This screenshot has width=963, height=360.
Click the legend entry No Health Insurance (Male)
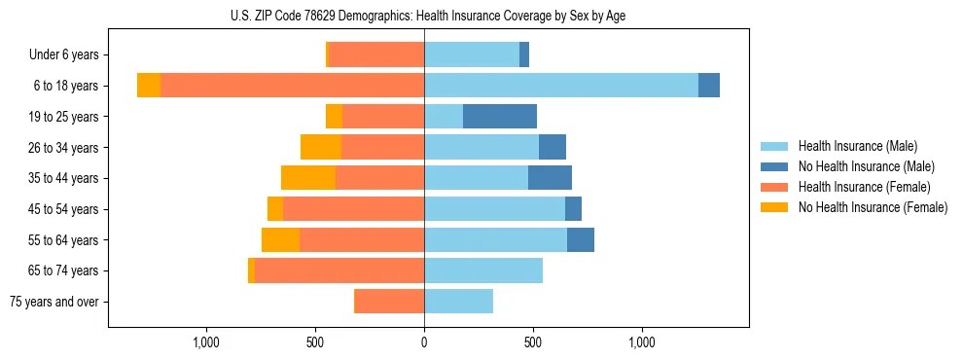tap(866, 166)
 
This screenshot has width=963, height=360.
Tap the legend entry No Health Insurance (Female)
tap(873, 207)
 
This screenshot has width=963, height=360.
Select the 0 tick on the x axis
tap(424, 342)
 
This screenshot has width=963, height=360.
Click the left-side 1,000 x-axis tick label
tap(205, 342)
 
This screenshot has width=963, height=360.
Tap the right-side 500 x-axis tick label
tap(533, 342)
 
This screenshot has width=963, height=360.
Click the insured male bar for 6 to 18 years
tap(561, 86)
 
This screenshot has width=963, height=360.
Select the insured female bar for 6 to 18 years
tap(292, 86)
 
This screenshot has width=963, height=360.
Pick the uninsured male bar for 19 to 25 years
tap(500, 117)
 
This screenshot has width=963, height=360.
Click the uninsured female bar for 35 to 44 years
tap(308, 178)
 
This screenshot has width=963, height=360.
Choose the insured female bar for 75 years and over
tap(389, 302)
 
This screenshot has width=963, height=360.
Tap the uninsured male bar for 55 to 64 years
tap(581, 239)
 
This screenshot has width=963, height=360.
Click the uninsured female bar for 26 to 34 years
tap(321, 147)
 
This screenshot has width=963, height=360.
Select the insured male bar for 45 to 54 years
tap(494, 209)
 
